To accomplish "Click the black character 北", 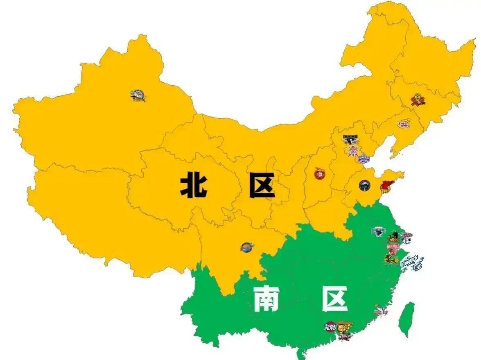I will point(194,185).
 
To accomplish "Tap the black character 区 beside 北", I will point(262,185).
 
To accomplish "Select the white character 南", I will point(266,299).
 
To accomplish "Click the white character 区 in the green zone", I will point(334,299).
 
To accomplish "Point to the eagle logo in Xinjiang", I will point(138,96).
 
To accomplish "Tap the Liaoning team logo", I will point(404,123).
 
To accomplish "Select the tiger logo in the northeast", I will point(418,100).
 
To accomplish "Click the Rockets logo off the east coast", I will point(412,262).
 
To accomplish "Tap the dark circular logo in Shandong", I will point(364,185).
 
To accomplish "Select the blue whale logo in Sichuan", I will point(247,247).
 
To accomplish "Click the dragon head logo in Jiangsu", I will point(378,232).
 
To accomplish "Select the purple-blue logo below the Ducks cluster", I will point(364,158).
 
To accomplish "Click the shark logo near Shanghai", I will point(406,238).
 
